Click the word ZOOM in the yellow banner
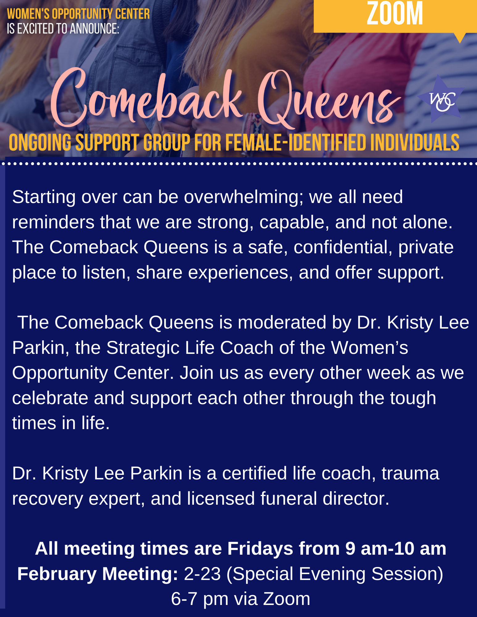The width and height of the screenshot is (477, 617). point(395,14)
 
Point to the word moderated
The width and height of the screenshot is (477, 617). point(282,323)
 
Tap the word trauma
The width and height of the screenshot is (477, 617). point(410,473)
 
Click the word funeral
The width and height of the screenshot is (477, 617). point(289,499)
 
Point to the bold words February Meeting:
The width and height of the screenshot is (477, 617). point(98,574)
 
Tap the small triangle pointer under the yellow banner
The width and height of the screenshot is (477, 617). point(460,38)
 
